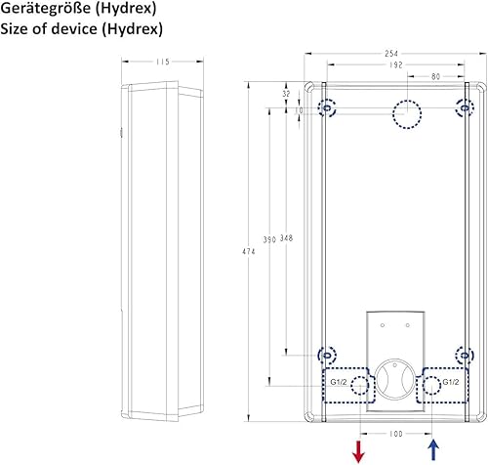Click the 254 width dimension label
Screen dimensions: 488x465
391,54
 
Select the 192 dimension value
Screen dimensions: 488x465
396,64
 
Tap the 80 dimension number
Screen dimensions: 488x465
435,76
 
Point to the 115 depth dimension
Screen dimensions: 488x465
162,62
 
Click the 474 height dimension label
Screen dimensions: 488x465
249,251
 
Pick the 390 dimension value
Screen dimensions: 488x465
269,239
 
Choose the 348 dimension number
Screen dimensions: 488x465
286,238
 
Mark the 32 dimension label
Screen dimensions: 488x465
286,94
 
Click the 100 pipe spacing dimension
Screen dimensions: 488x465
396,434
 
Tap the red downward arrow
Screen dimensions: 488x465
358,451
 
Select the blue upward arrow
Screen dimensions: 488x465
433,450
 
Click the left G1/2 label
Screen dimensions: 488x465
339,382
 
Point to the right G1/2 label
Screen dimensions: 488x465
451,382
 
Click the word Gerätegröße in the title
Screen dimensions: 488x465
45,9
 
